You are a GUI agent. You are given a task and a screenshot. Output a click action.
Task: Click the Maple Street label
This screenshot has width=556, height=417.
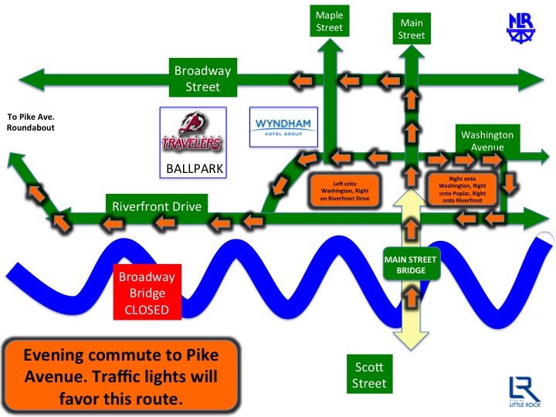[x=328, y=22]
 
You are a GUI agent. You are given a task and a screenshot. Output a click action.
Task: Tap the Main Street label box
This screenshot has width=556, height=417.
[x=411, y=29]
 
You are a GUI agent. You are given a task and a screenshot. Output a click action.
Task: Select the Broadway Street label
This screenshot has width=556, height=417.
[x=202, y=79]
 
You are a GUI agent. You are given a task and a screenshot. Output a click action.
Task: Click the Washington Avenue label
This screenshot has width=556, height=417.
[x=486, y=140]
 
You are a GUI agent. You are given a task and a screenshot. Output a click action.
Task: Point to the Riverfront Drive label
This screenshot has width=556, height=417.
[x=157, y=207]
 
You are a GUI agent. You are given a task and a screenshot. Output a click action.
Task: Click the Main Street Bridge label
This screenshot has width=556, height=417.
[x=412, y=263]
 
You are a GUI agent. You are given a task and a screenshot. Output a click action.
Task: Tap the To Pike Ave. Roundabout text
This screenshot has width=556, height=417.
[x=32, y=122]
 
